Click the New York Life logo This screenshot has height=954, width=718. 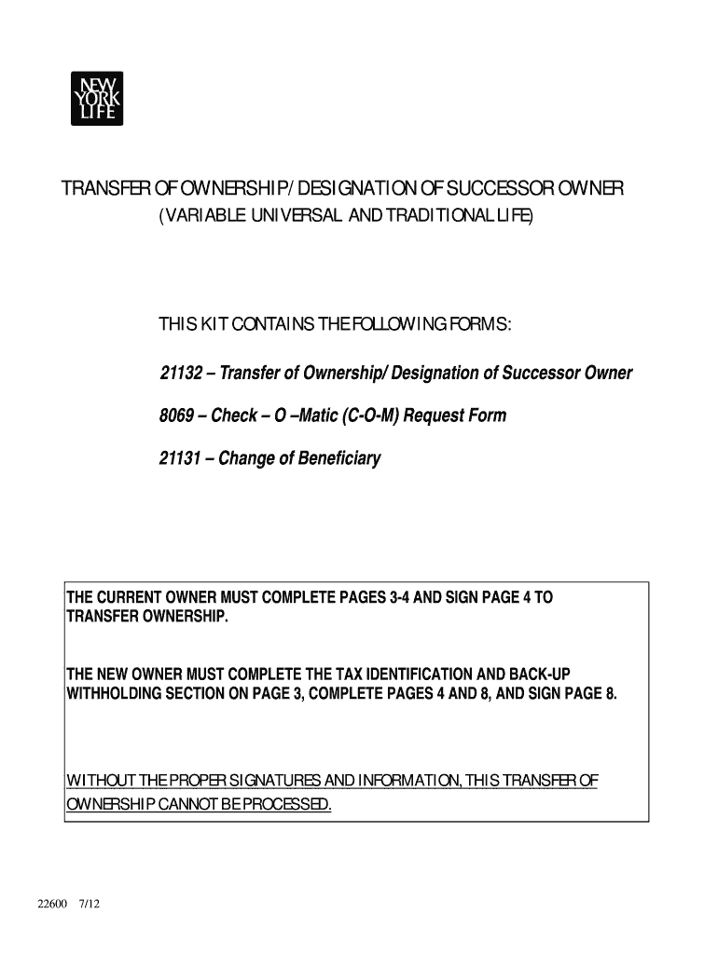coord(96,98)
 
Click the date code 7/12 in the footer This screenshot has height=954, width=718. coord(90,905)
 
